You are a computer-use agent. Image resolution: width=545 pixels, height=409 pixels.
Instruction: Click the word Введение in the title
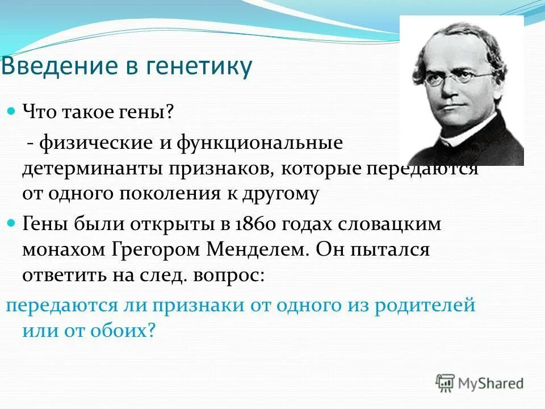[55, 67]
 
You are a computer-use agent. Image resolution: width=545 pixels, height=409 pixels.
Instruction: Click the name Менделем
[252, 250]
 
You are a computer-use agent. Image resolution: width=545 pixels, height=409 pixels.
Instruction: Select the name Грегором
[155, 250]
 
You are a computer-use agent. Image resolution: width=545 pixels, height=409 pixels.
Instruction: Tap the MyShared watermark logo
[480, 383]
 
